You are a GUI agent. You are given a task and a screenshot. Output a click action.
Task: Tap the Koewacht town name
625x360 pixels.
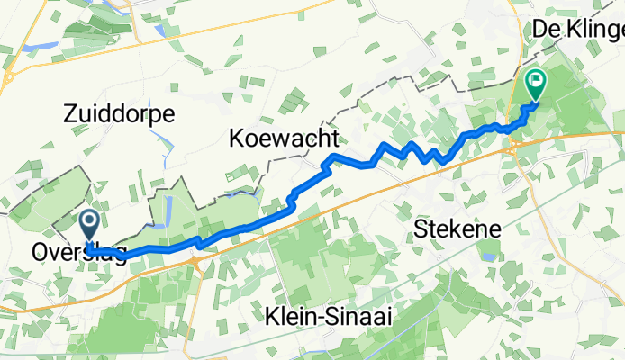coord(283,139)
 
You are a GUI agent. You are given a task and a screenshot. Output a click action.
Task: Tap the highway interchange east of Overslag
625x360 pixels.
coord(195,261)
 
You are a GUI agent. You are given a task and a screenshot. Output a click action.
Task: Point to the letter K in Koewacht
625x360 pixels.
coord(236,139)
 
